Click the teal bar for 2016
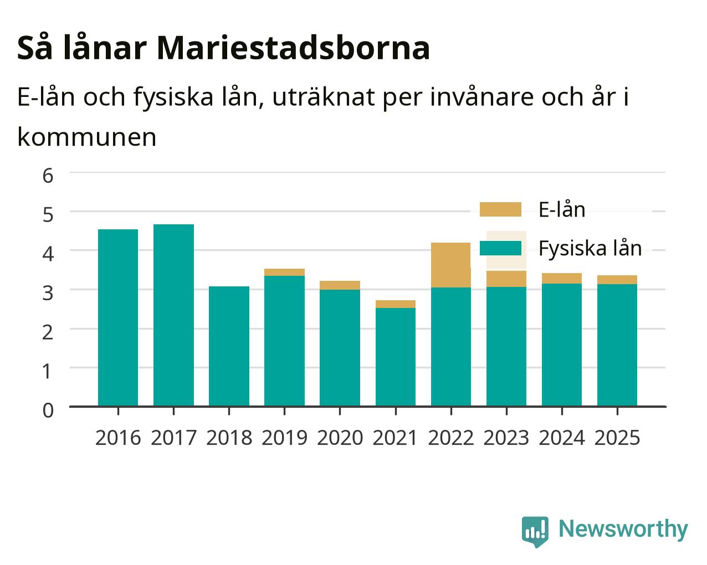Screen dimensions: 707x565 coord(118,317)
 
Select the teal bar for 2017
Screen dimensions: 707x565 coord(173,315)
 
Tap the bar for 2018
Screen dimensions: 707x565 coord(229,346)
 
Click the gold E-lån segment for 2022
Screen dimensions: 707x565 coord(451,265)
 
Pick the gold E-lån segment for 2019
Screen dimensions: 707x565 coord(284,272)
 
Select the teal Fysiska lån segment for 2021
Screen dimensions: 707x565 coord(396,357)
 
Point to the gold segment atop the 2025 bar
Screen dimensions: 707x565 coord(617,280)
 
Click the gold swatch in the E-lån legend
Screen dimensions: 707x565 coord(500,209)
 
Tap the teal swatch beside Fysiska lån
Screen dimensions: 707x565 coord(500,248)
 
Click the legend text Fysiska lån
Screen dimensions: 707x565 coord(590,249)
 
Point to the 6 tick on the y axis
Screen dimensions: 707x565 coord(48,176)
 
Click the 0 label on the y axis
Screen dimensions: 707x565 coord(48,410)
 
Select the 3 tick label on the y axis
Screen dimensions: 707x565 coord(48,293)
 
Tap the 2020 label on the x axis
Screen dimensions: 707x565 coord(340,438)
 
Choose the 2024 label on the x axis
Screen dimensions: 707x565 coord(562,438)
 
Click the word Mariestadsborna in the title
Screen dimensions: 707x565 coord(293,48)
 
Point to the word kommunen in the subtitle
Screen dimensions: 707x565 coord(87,137)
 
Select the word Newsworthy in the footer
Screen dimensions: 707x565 coord(623,530)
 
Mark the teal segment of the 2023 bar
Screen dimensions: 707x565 coord(506,347)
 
